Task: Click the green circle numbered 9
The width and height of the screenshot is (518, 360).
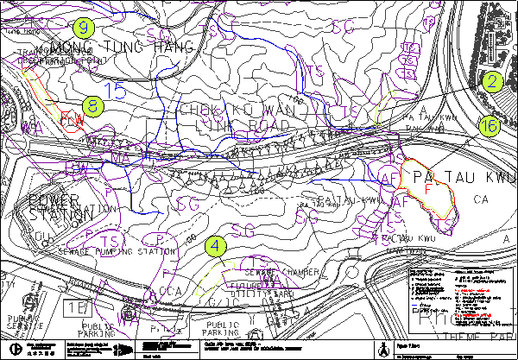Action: (x=83, y=27)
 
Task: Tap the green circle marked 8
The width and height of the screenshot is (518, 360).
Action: (x=93, y=107)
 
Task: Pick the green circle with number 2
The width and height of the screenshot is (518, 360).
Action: (x=492, y=83)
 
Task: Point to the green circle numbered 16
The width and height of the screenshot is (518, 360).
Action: (x=489, y=127)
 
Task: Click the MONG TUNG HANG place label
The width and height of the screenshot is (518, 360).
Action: (x=120, y=46)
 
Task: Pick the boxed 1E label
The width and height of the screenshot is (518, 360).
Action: (x=74, y=306)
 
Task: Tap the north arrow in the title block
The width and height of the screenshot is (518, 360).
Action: (x=382, y=348)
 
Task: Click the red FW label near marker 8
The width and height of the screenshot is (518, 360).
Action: (x=73, y=122)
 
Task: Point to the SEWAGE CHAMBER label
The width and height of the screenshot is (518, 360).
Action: (x=294, y=273)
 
